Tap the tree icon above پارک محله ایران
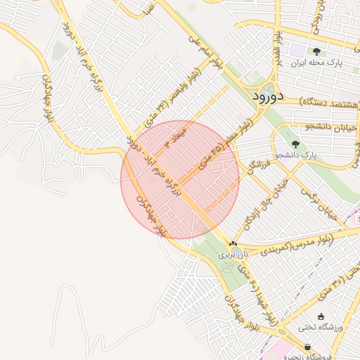coord(316,51)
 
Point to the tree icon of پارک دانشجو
coord(295,143)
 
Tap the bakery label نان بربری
coord(234,254)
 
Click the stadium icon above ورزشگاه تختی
coord(322,316)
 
